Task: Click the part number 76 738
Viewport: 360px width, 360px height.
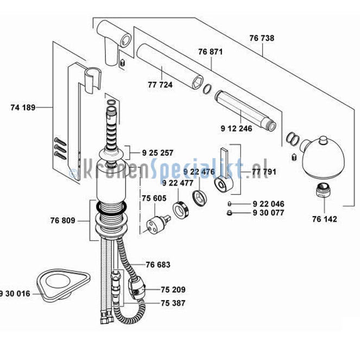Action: [262, 38]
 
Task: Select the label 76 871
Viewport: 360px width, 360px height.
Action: [211, 52]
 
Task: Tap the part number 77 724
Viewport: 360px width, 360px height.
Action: [160, 85]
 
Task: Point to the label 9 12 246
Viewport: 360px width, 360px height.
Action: [236, 129]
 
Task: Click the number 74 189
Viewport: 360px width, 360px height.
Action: [23, 108]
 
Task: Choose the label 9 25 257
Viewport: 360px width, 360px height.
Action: [157, 153]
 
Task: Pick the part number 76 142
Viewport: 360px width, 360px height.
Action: [325, 219]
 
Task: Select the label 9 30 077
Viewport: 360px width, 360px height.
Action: [268, 213]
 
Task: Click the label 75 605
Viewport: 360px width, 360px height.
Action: [154, 198]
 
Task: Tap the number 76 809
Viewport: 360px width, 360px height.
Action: [62, 220]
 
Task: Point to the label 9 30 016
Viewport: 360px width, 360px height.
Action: [15, 294]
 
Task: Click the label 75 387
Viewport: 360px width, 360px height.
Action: [173, 304]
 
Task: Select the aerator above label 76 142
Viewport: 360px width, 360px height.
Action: [324, 190]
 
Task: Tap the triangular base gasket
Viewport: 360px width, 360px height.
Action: [63, 285]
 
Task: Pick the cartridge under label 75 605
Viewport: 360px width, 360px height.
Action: [158, 224]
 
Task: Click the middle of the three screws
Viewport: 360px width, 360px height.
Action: [60, 149]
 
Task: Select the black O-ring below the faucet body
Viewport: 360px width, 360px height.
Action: [111, 207]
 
